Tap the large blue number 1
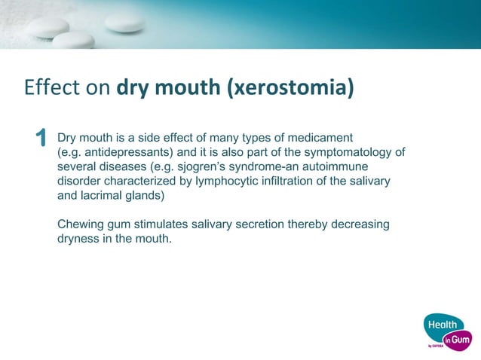point(41,139)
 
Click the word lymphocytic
point(231,182)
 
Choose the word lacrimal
point(112,196)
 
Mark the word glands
point(160,196)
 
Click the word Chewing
point(83,225)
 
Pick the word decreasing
point(360,225)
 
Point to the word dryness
point(81,239)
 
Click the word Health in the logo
point(442,325)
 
